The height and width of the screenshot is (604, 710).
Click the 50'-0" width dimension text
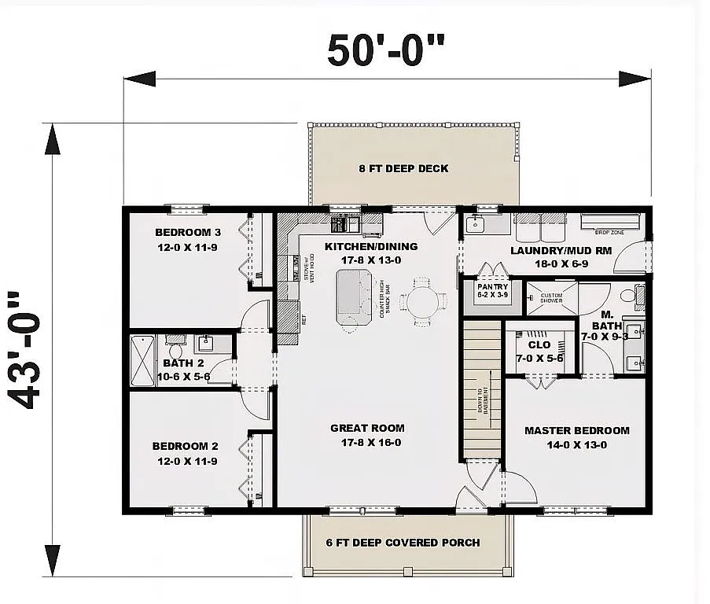click(x=386, y=51)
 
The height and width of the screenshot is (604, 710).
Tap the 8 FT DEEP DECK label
click(x=403, y=168)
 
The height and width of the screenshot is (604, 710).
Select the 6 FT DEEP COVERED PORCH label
click(x=403, y=543)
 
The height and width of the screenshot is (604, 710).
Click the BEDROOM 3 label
click(x=188, y=232)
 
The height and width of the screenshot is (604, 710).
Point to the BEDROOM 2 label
click(x=185, y=446)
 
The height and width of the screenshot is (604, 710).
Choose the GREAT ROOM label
click(x=367, y=428)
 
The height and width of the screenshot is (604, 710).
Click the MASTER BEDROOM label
click(x=576, y=430)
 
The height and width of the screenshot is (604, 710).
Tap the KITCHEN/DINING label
click(x=371, y=246)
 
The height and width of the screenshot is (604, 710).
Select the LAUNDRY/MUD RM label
click(x=549, y=251)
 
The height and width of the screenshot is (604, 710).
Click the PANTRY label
click(x=493, y=287)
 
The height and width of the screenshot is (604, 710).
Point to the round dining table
click(x=423, y=300)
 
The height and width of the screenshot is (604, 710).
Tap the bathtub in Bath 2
click(x=143, y=361)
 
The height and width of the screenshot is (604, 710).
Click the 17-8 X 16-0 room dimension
click(x=367, y=443)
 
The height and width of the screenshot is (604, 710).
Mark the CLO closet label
click(x=539, y=344)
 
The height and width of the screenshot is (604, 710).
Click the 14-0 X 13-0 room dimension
click(x=576, y=445)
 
